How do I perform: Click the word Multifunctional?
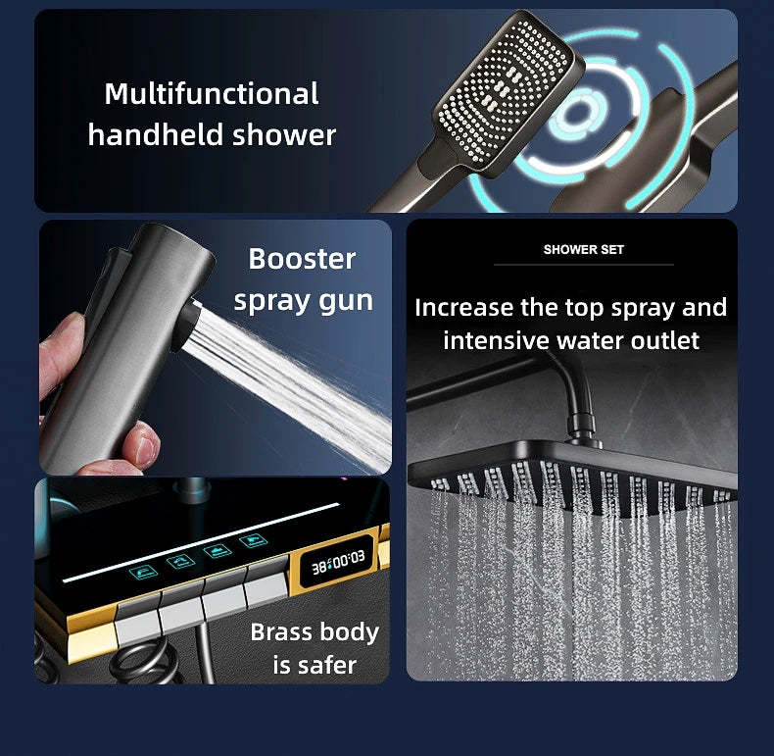[x=212, y=93]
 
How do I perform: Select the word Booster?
[x=302, y=259]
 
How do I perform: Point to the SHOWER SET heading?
[x=584, y=249]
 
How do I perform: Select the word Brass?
[x=281, y=631]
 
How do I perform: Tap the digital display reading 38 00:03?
[x=338, y=562]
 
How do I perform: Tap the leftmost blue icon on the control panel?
[x=144, y=573]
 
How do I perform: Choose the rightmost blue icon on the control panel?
[x=253, y=541]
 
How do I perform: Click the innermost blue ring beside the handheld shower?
[x=576, y=115]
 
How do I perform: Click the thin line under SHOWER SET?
[x=584, y=265]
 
